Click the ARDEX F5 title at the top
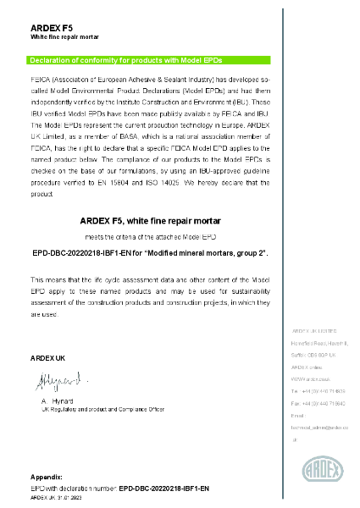coord(51,28)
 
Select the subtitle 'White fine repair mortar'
coord(65,38)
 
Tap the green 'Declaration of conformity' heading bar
coord(149,60)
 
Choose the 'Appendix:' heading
coord(47,478)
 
